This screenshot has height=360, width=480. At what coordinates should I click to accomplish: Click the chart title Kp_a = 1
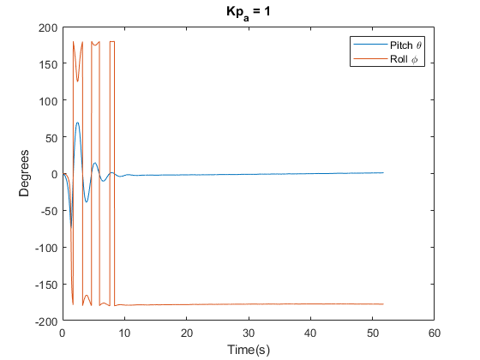coord(249,15)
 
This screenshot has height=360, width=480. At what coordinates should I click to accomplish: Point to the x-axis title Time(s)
coord(249,349)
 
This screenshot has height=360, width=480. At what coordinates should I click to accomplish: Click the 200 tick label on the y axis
coord(47,27)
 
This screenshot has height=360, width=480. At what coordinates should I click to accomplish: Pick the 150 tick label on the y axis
coord(47,64)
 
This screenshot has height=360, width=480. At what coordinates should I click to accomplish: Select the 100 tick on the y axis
coord(47,101)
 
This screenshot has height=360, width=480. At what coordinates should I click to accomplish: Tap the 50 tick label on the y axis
coord(50,137)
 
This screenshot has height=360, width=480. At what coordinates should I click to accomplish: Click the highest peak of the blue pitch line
coord(77,123)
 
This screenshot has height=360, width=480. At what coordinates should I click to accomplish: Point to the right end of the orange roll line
coord(383,304)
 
